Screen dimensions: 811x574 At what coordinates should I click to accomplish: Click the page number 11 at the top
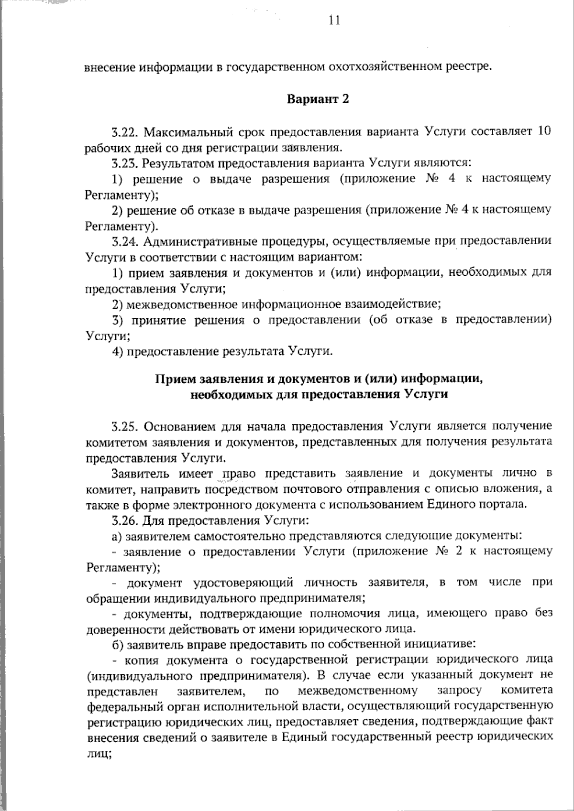(334, 20)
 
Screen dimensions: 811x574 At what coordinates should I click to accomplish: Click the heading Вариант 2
(318, 99)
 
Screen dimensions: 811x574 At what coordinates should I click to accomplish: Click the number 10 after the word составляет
(544, 131)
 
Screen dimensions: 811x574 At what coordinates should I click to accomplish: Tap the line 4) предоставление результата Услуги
(222, 351)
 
